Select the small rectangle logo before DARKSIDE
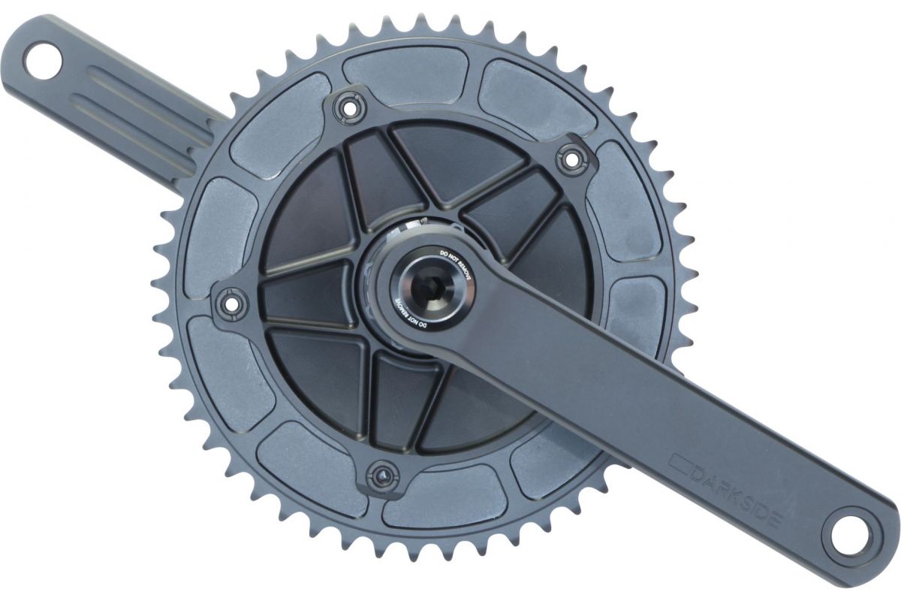[x=679, y=462]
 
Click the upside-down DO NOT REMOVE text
[x=409, y=315]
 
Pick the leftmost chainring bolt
[x=231, y=301]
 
